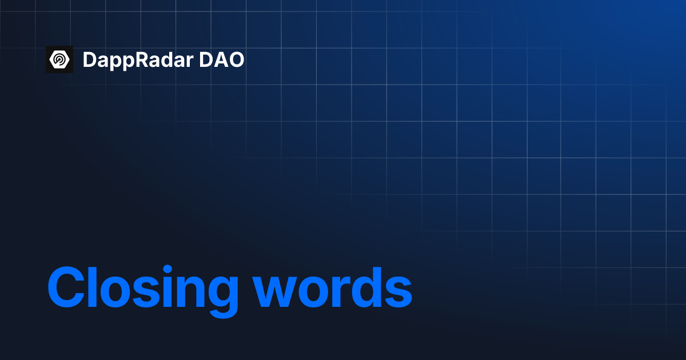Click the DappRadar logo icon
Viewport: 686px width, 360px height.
click(59, 59)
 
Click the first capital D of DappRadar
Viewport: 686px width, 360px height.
click(90, 59)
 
